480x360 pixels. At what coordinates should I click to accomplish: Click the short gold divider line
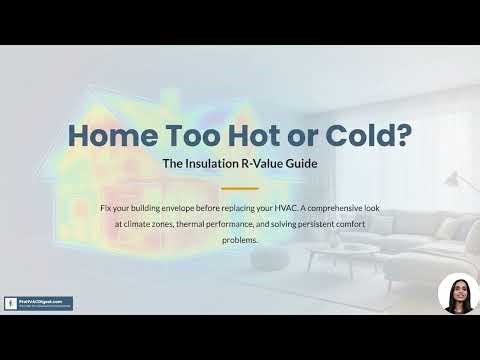pos(239,187)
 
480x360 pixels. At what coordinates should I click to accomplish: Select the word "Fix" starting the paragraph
pos(107,208)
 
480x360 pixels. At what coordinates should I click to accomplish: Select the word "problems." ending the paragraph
pos(239,240)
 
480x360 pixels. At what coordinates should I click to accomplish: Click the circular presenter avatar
pos(458,294)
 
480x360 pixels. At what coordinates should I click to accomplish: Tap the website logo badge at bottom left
pos(45,302)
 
